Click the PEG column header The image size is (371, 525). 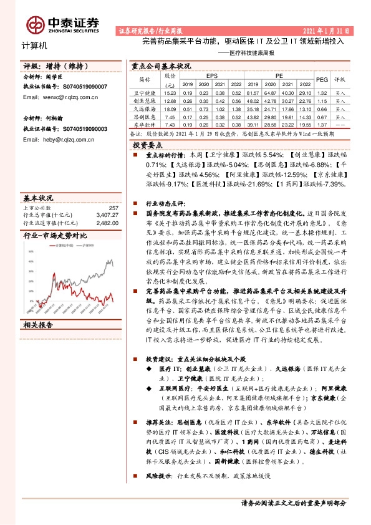(322, 80)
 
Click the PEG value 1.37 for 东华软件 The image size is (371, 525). (322, 124)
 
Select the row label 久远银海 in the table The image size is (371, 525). (144, 108)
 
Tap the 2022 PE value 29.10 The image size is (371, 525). (304, 92)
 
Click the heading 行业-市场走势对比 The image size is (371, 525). (55, 236)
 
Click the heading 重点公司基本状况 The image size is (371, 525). (160, 65)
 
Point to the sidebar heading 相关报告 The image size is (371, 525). (38, 325)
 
